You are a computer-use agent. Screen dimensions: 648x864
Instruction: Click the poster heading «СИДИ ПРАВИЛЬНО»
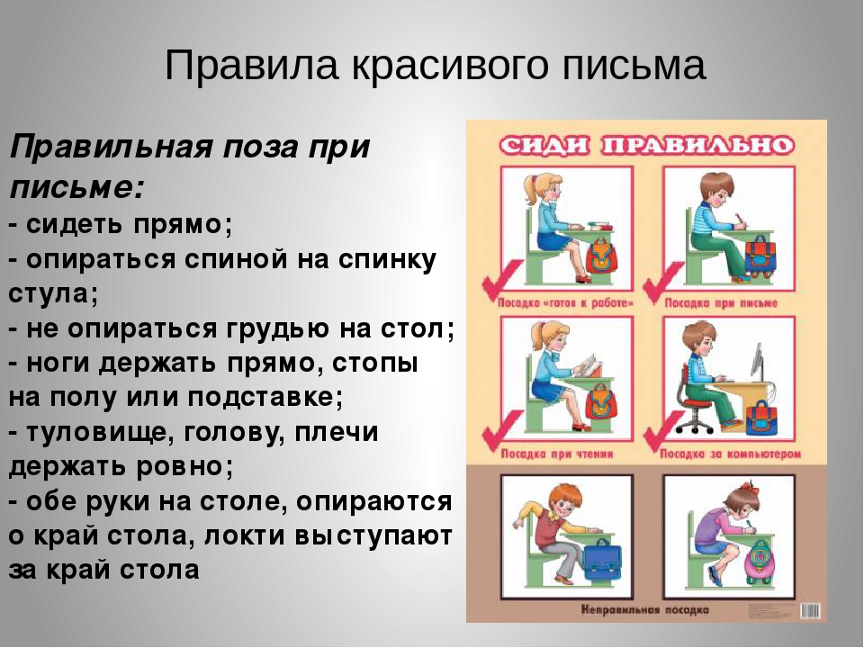646,145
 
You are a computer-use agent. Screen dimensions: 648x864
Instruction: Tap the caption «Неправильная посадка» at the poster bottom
645,609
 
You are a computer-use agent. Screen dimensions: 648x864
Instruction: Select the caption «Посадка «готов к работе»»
563,303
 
